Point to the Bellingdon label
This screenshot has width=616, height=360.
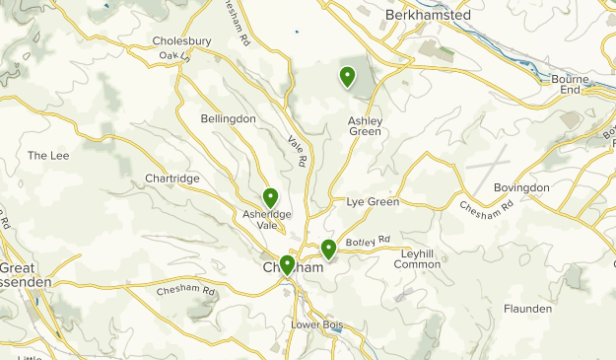[228, 118]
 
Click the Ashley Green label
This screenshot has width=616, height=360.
[365, 126]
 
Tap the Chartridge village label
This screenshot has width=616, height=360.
[172, 178]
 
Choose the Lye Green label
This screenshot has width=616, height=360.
[373, 202]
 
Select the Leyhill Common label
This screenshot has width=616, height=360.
[417, 258]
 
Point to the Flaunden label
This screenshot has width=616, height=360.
[527, 309]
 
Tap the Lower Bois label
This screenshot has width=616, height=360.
[315, 324]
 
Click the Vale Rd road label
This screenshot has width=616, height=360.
[298, 151]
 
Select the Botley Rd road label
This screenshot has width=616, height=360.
[369, 240]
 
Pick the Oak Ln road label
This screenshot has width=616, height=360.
[173, 56]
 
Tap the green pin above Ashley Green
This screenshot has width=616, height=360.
[347, 76]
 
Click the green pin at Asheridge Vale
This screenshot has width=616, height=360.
[270, 198]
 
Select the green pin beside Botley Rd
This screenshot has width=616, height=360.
[328, 250]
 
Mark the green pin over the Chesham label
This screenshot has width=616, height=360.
[287, 264]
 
